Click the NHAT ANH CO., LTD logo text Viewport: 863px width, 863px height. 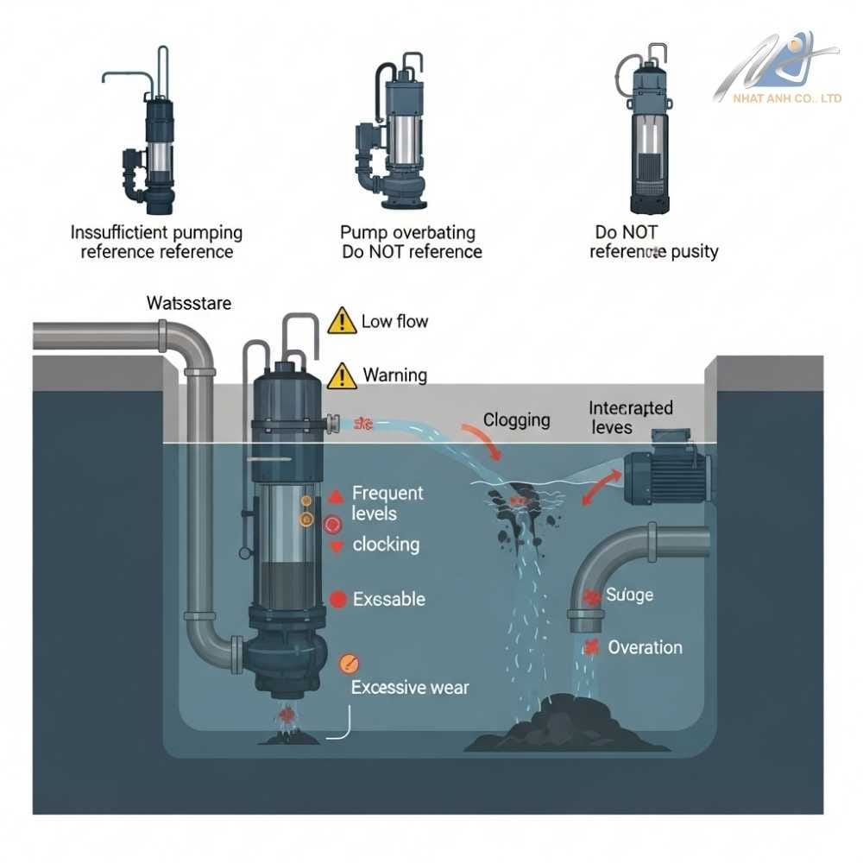[x=787, y=98]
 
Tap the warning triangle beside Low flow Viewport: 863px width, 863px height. [x=342, y=322]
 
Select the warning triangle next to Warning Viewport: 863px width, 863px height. [x=342, y=375]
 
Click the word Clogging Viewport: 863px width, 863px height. [x=516, y=420]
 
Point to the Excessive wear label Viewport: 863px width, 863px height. [x=410, y=688]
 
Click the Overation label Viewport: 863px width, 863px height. [x=645, y=647]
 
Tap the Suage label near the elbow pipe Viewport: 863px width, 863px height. [x=629, y=595]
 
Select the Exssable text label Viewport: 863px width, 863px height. [x=388, y=599]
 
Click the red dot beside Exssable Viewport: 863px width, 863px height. [x=338, y=599]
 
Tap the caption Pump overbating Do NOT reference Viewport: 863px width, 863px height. [x=411, y=243]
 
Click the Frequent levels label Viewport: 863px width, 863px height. [x=387, y=503]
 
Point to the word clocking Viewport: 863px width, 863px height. [x=386, y=545]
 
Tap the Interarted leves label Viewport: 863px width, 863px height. [x=630, y=417]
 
